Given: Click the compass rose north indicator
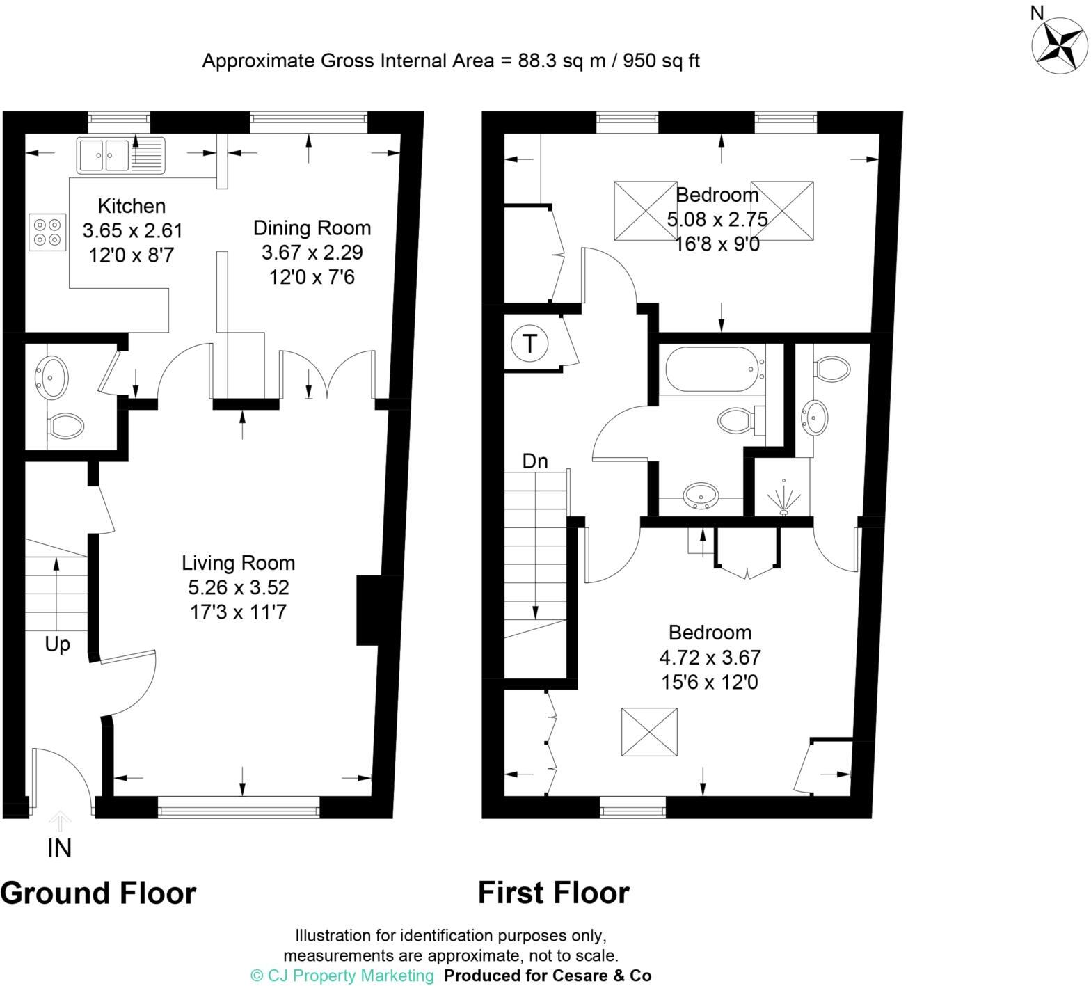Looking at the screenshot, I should click(x=1059, y=45).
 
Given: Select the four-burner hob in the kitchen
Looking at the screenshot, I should click(x=47, y=232).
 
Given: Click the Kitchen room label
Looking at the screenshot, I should click(x=132, y=206).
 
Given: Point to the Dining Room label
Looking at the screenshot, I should click(x=312, y=228).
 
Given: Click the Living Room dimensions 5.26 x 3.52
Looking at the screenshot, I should click(x=238, y=588).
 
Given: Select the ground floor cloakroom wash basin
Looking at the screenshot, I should click(x=51, y=377).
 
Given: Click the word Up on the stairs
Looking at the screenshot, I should click(x=57, y=644).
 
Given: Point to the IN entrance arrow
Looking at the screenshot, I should click(x=60, y=822).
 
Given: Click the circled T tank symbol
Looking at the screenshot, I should click(x=529, y=343).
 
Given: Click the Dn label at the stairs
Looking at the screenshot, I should click(x=535, y=461).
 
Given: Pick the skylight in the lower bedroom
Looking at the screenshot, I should click(x=648, y=731).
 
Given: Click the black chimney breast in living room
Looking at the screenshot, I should click(x=369, y=610).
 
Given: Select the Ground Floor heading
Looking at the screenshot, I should click(x=98, y=893).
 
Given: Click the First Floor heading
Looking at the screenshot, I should click(x=553, y=893).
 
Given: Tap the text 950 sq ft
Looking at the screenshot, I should click(x=661, y=61).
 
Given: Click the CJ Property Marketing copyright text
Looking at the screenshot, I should click(x=342, y=976).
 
